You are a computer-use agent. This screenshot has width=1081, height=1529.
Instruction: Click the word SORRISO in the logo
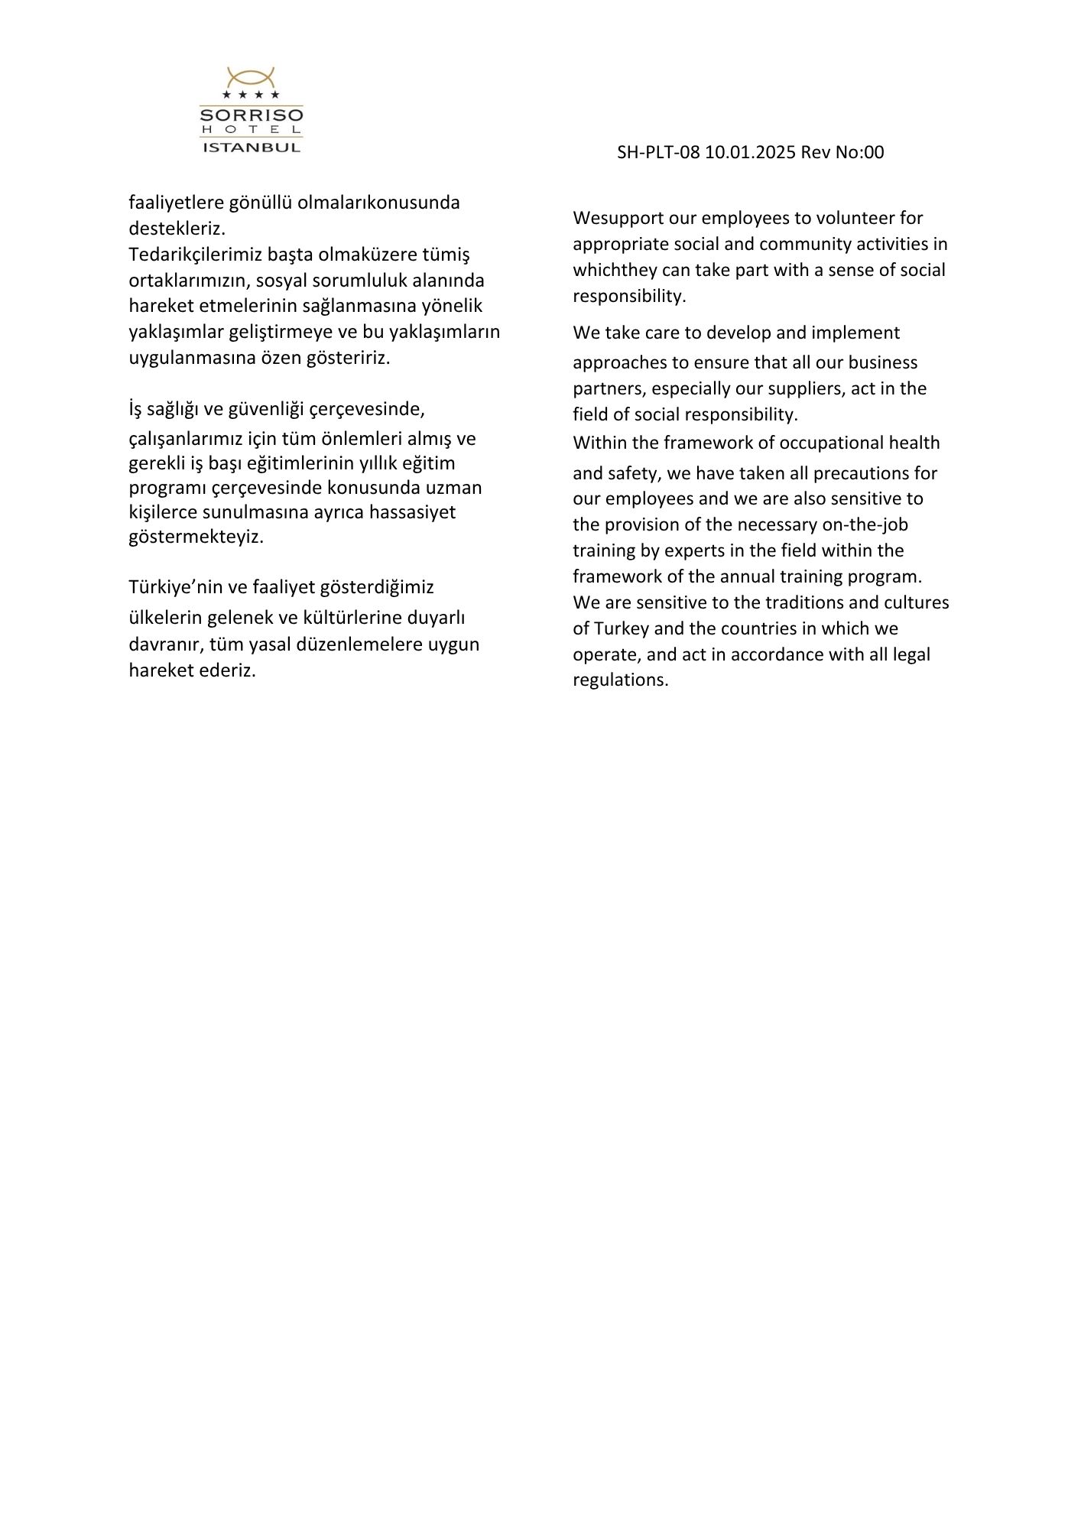click(x=251, y=115)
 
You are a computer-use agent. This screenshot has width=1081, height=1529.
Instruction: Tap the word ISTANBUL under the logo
click(x=251, y=147)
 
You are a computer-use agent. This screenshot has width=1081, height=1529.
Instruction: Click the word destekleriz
click(x=177, y=228)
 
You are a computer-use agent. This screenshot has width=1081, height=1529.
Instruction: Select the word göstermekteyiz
click(x=196, y=537)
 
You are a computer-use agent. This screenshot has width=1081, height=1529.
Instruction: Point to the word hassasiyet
click(x=412, y=511)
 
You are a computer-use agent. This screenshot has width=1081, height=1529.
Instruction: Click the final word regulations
click(x=621, y=680)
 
